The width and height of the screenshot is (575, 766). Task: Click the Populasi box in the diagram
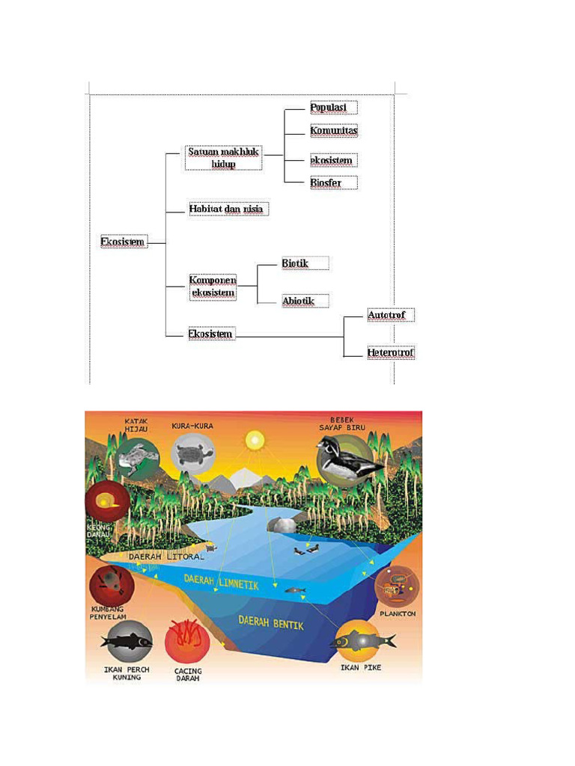point(333,108)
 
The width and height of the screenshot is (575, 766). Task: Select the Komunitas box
point(334,131)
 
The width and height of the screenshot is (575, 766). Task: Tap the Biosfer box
point(333,183)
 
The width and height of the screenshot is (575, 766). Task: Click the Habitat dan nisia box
point(226,209)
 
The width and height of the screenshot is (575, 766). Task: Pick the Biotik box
point(305,263)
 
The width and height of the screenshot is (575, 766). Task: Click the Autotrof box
point(390,316)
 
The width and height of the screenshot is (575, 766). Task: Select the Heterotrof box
point(390,352)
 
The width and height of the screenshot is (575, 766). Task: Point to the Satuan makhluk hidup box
point(223,158)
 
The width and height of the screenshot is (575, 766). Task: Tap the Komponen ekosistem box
point(213,286)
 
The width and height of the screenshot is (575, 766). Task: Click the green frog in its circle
point(136,457)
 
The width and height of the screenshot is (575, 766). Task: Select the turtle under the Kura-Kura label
point(192,454)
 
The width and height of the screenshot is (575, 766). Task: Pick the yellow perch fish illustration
point(126,640)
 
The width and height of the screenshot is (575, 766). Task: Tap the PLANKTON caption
point(398,613)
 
